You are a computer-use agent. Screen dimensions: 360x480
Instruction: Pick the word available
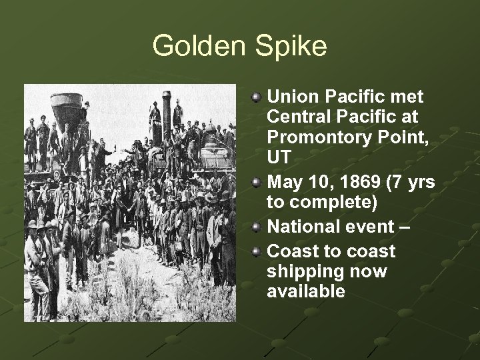(306, 291)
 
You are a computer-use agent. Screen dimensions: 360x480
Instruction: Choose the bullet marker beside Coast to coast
(257, 251)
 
